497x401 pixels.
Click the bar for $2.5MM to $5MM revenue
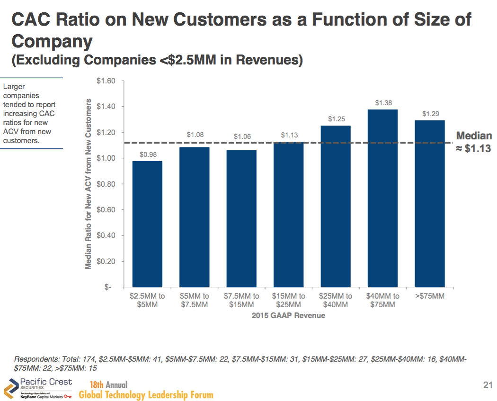click(x=147, y=224)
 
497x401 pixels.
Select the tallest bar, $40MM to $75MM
click(x=382, y=198)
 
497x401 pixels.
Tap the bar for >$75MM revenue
click(x=430, y=203)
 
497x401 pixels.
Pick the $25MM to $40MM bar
click(x=336, y=206)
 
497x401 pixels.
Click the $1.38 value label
click(x=383, y=103)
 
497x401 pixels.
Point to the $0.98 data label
click(x=148, y=155)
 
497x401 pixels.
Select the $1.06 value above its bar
click(x=242, y=137)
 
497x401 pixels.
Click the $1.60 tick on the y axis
click(x=106, y=81)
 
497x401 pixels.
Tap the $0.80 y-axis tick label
click(x=106, y=184)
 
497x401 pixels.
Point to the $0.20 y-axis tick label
click(x=106, y=261)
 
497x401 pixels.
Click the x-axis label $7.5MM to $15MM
click(x=241, y=301)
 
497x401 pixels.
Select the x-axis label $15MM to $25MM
click(x=288, y=301)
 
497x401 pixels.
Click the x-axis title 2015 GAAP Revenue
click(x=288, y=315)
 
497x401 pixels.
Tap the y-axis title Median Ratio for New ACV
click(x=88, y=184)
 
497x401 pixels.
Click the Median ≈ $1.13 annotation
click(x=474, y=142)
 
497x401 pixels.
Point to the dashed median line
click(x=288, y=143)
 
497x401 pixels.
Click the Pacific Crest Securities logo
click(x=38, y=388)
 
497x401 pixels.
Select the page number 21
click(x=488, y=385)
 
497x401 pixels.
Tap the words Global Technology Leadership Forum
click(x=146, y=395)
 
